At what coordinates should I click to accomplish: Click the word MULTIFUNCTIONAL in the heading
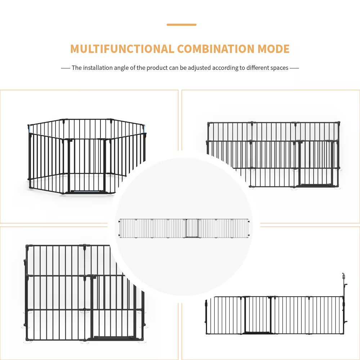click(x=122, y=49)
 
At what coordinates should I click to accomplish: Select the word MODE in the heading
click(x=273, y=49)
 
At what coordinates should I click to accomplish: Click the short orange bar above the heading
click(x=181, y=25)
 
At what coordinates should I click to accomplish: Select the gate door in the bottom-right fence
click(x=257, y=315)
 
